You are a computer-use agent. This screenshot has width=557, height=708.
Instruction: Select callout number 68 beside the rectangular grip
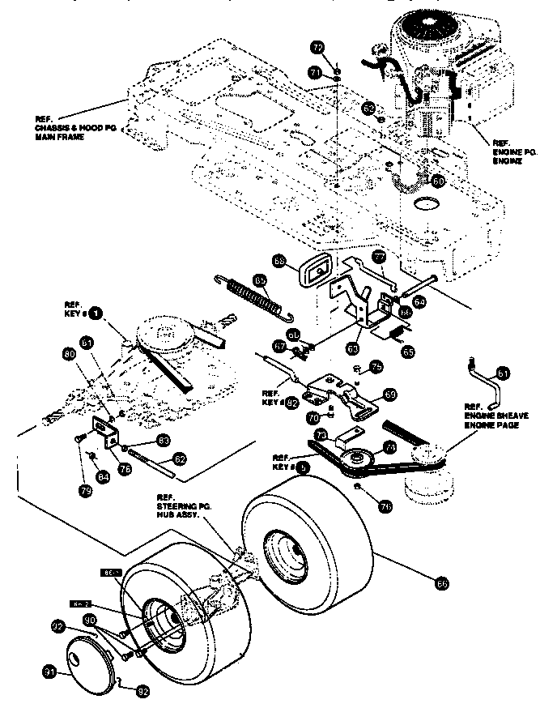279,261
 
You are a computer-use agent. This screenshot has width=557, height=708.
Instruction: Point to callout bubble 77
377,258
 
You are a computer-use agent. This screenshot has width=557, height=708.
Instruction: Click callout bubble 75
376,367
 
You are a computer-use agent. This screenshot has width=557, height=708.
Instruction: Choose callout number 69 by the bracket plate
389,395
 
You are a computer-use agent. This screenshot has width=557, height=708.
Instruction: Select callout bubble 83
163,440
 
